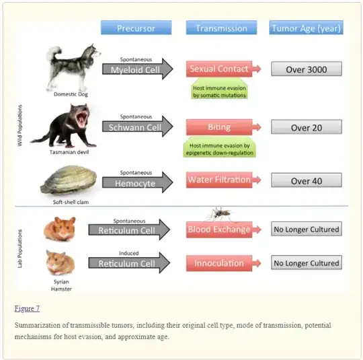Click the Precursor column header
point(136,28)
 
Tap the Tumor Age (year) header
point(306,28)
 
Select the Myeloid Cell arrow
point(138,69)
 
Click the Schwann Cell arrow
point(138,127)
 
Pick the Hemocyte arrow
point(138,182)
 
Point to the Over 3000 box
point(307,69)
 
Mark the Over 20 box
point(307,127)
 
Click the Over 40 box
point(307,180)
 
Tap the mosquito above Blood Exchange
point(220,214)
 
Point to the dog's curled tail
point(54,53)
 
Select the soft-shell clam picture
point(69,180)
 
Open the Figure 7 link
point(27,309)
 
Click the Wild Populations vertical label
point(20,125)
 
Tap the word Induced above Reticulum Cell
point(129,253)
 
